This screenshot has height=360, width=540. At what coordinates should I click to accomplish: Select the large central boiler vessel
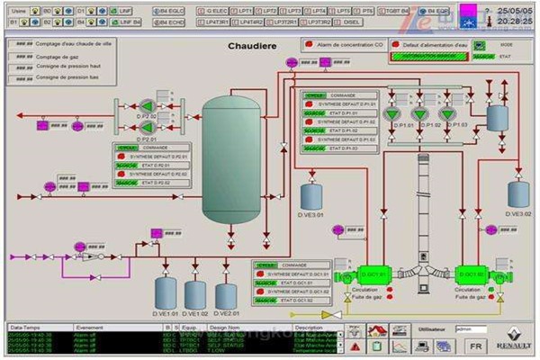(x=231, y=157)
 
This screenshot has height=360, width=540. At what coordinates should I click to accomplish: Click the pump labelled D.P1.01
(x=390, y=113)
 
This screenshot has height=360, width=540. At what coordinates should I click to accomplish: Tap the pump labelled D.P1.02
(x=418, y=113)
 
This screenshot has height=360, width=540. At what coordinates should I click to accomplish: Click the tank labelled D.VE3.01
(x=311, y=195)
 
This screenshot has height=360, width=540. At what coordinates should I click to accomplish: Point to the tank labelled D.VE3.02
(x=517, y=194)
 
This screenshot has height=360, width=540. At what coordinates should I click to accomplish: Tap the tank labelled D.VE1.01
(x=166, y=292)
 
